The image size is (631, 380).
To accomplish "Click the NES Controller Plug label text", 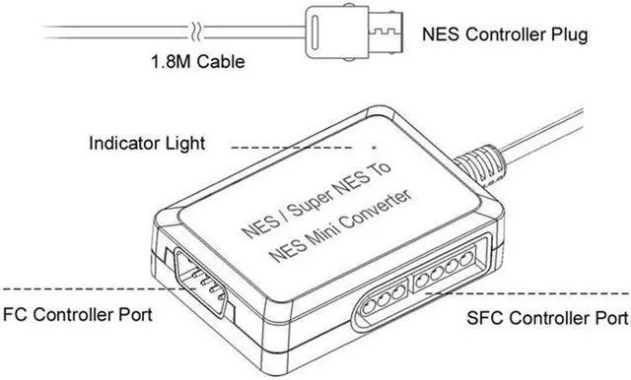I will click(504, 35).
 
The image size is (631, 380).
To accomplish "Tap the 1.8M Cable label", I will click(196, 62).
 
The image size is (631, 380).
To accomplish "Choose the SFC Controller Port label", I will click(545, 319).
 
